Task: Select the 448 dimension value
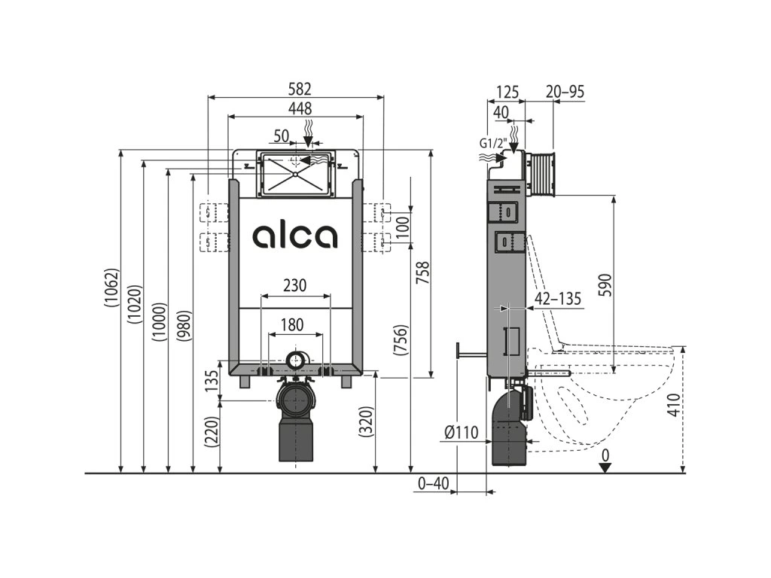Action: click(295, 108)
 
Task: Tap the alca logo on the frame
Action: click(295, 236)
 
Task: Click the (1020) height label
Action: click(135, 304)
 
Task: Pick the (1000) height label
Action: click(159, 322)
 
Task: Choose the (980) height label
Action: click(184, 326)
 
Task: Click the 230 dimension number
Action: click(294, 286)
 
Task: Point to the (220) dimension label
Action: click(212, 433)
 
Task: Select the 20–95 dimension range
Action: click(565, 92)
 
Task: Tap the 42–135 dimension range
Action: click(558, 299)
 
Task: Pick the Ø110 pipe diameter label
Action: click(462, 432)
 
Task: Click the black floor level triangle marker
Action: click(604, 467)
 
